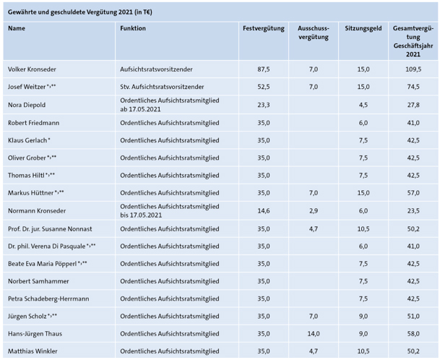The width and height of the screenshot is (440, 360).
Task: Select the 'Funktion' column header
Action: pyautogui.click(x=133, y=28)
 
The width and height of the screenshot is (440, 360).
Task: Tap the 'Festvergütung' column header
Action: pyautogui.click(x=264, y=28)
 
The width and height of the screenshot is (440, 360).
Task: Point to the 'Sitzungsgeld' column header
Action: pyautogui.click(x=363, y=28)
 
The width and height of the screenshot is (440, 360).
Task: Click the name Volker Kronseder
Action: pyautogui.click(x=32, y=69)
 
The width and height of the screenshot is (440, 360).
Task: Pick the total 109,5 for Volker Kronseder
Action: pyautogui.click(x=413, y=69)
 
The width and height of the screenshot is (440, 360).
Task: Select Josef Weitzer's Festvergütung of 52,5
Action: pyautogui.click(x=264, y=87)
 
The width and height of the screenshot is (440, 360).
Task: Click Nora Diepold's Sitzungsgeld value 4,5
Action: pyautogui.click(x=363, y=105)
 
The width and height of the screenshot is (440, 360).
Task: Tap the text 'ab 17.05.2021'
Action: pyautogui.click(x=140, y=109)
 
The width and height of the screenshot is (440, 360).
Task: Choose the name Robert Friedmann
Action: pyautogui.click(x=33, y=123)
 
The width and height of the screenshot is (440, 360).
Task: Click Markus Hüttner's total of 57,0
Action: pyautogui.click(x=413, y=193)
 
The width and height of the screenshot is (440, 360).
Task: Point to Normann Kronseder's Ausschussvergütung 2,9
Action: pyautogui.click(x=314, y=211)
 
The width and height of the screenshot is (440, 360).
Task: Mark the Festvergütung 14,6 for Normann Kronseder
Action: pyautogui.click(x=264, y=211)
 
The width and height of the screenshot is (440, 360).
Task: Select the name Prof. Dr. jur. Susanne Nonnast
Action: pyautogui.click(x=50, y=229)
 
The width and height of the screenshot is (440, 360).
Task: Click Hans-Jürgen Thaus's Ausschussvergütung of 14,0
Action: pyautogui.click(x=314, y=334)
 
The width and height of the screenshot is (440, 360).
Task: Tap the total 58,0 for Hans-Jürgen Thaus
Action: pyautogui.click(x=413, y=334)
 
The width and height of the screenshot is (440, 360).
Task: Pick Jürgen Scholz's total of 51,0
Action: pyautogui.click(x=413, y=317)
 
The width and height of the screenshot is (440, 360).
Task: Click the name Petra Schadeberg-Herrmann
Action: pyautogui.click(x=48, y=299)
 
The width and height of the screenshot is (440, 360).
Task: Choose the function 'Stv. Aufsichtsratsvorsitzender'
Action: pyautogui.click(x=162, y=87)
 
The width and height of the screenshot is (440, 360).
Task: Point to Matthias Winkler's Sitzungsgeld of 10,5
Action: pyautogui.click(x=363, y=351)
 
